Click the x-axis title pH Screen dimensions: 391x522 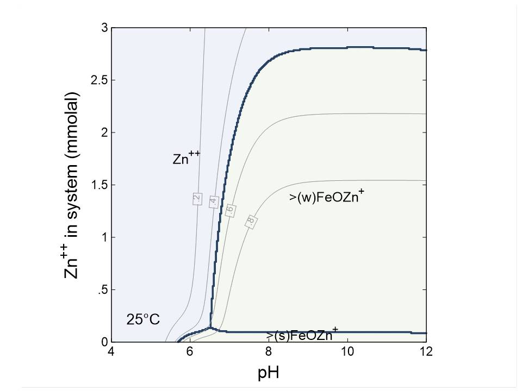coord(269,373)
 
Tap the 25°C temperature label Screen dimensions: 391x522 coord(143,319)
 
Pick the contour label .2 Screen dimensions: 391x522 coord(197,199)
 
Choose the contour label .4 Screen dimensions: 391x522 coord(214,201)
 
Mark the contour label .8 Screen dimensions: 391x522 coord(251,221)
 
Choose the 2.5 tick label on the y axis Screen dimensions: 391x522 coord(99,80)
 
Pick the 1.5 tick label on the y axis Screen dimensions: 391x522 coord(99,185)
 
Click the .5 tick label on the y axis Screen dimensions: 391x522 coord(102,290)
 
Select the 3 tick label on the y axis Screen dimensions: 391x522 coord(104,28)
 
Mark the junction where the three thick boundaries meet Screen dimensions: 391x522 coord(210,328)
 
